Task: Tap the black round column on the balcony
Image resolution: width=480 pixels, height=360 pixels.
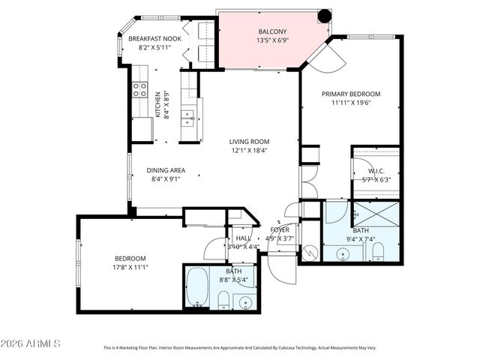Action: pyautogui.click(x=324, y=16)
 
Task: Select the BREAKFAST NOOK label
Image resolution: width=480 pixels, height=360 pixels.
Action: pyautogui.click(x=154, y=38)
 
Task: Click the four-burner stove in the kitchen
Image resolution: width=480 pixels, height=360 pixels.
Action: pyautogui.click(x=139, y=90)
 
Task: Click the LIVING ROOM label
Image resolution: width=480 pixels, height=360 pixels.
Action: pyautogui.click(x=249, y=141)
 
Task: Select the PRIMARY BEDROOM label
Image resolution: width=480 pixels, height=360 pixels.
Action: pyautogui.click(x=351, y=94)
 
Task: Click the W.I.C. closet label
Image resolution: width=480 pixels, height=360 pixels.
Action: pyautogui.click(x=376, y=170)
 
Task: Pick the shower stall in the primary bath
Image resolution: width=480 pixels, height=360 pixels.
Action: pyautogui.click(x=374, y=215)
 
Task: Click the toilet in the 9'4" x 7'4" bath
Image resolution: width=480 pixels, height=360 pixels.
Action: pyautogui.click(x=379, y=249)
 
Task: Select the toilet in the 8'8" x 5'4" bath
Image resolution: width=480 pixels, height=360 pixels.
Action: pyautogui.click(x=223, y=301)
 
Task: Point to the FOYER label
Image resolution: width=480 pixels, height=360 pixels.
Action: pyautogui.click(x=280, y=230)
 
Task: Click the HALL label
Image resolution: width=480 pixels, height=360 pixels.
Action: pyautogui.click(x=244, y=237)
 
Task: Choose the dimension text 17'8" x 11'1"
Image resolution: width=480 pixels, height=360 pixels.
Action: pyautogui.click(x=109, y=268)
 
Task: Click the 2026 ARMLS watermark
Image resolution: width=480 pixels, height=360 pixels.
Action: pyautogui.click(x=31, y=343)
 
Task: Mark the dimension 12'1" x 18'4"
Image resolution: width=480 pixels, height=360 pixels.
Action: pyautogui.click(x=249, y=150)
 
